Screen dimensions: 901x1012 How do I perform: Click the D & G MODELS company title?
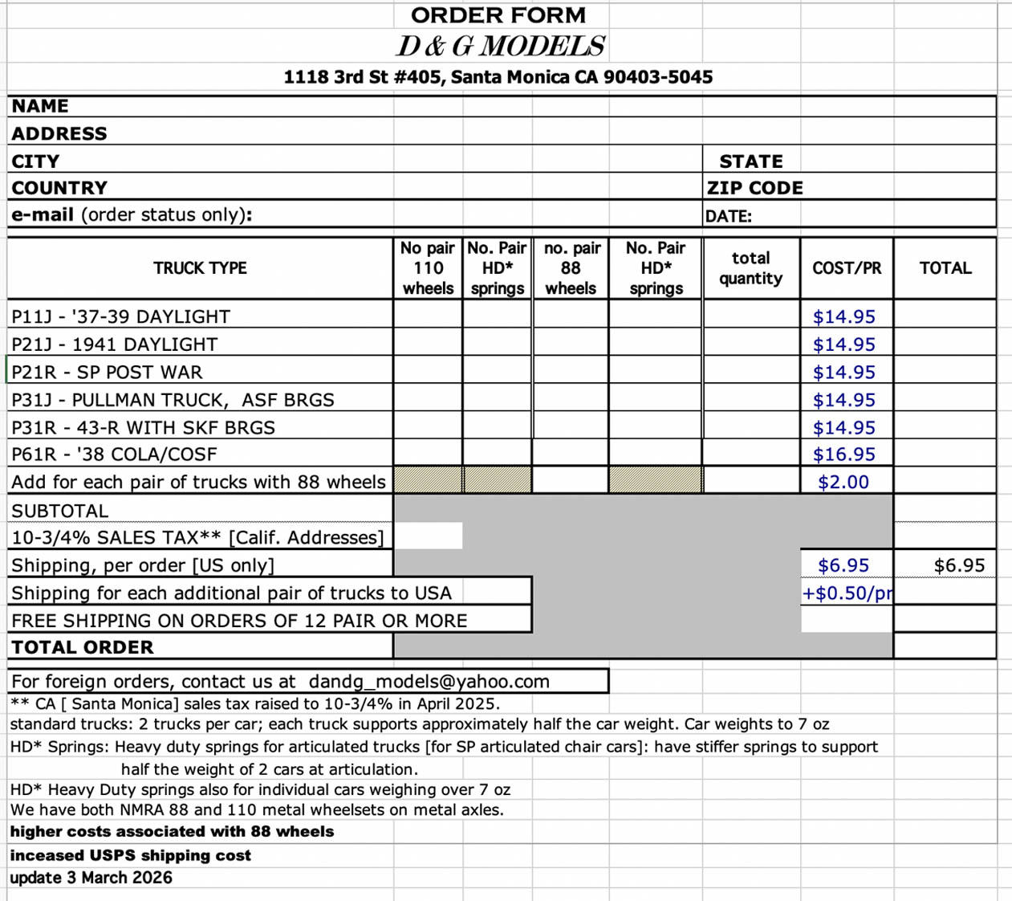click(x=500, y=47)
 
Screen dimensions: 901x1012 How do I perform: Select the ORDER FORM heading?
click(x=498, y=15)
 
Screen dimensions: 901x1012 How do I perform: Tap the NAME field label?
click(x=40, y=106)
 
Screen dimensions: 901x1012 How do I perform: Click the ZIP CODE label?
click(x=754, y=188)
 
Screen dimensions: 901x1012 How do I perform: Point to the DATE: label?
click(x=728, y=216)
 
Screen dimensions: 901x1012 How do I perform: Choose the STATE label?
click(x=750, y=161)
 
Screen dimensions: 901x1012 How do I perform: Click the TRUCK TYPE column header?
click(x=200, y=268)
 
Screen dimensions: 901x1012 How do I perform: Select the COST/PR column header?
click(x=846, y=268)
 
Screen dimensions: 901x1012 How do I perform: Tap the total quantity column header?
click(x=750, y=268)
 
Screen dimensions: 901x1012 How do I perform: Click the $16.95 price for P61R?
click(x=843, y=455)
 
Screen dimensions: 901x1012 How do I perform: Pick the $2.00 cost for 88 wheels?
click(x=843, y=482)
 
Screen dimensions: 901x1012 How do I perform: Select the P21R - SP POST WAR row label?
click(x=107, y=373)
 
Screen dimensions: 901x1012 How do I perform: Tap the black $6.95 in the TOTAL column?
click(x=959, y=565)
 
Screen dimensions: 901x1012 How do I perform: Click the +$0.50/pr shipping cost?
click(x=847, y=593)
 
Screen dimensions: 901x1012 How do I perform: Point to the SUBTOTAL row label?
click(x=59, y=511)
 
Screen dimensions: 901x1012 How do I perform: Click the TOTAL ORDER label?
click(x=82, y=647)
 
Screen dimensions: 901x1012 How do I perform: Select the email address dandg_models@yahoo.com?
click(x=429, y=682)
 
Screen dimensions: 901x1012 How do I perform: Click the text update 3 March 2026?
click(x=91, y=878)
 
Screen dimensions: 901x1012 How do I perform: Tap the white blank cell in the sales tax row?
click(x=428, y=536)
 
